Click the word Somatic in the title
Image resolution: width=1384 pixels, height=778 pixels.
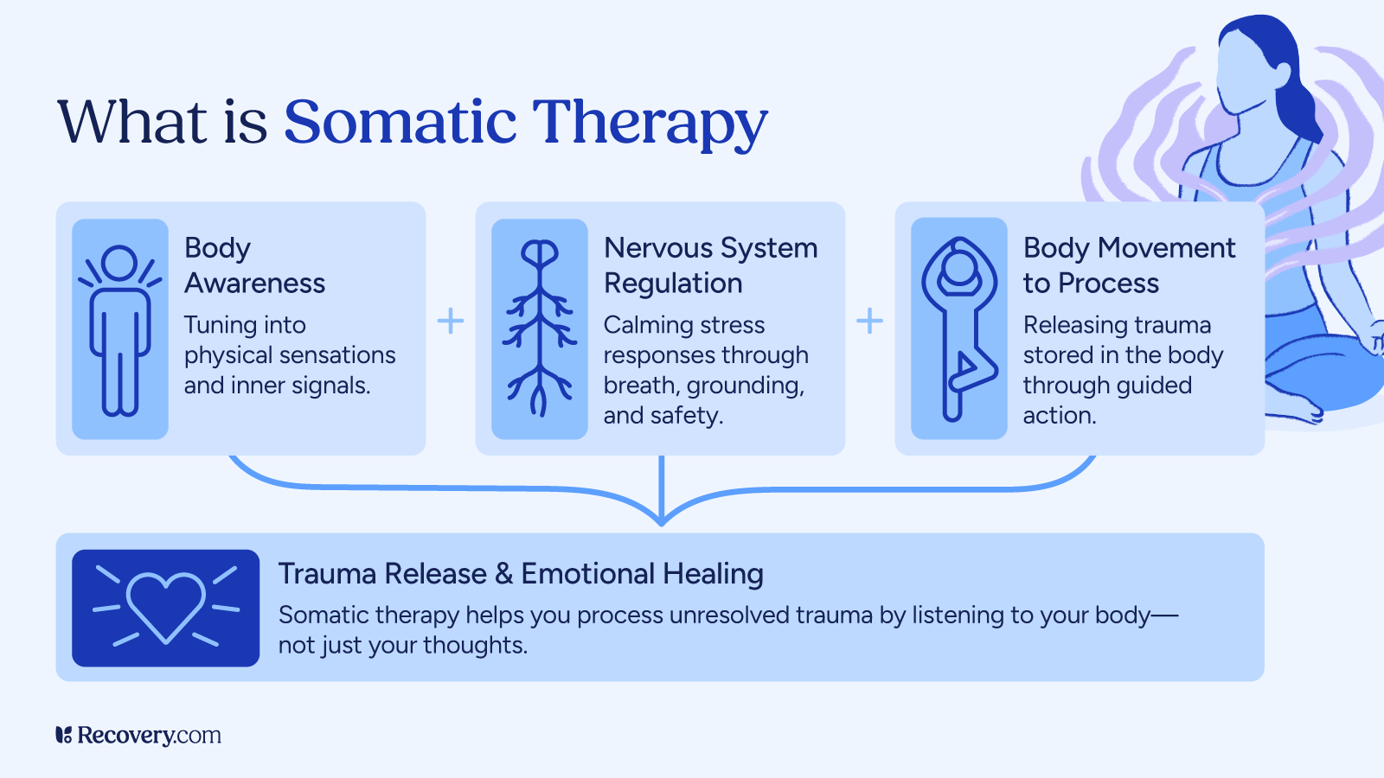(400, 122)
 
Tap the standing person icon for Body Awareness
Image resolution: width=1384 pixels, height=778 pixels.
(119, 329)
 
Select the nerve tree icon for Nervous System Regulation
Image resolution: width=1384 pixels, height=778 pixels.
(540, 329)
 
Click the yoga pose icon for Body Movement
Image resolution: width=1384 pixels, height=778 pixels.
(958, 329)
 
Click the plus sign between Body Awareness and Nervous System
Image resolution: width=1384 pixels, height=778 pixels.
(450, 322)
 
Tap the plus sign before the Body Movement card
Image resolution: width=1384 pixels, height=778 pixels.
(869, 322)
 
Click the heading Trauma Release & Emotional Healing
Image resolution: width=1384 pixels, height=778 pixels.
(521, 574)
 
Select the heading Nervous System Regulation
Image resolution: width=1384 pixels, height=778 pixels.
(710, 265)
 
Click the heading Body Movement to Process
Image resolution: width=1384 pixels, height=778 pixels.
(1128, 265)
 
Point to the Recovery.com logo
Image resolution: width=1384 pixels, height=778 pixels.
(138, 736)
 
